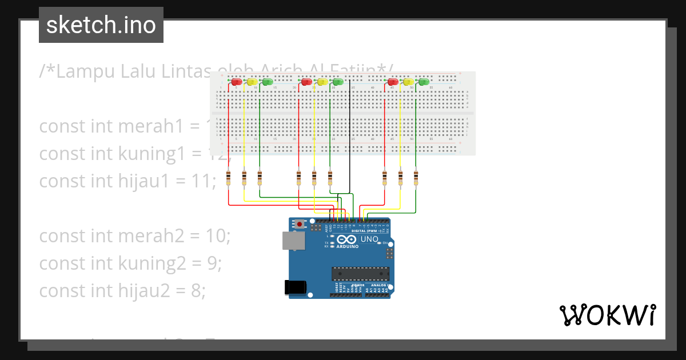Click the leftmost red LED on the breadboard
pyautogui.click(x=236, y=82)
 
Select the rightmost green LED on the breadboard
pyautogui.click(x=424, y=82)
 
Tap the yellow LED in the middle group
pyautogui.click(x=322, y=82)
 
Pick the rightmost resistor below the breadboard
pyautogui.click(x=416, y=178)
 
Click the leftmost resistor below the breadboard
pyautogui.click(x=229, y=178)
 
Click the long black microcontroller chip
pyautogui.click(x=361, y=274)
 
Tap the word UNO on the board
pyautogui.click(x=369, y=239)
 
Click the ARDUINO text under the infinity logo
pyautogui.click(x=348, y=247)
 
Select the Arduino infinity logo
pyautogui.click(x=346, y=239)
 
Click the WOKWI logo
pyautogui.click(x=608, y=315)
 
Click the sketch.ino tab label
pyautogui.click(x=101, y=25)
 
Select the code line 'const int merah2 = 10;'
pyautogui.click(x=134, y=235)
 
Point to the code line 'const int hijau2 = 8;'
pyautogui.click(x=122, y=290)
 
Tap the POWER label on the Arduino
pyautogui.click(x=358, y=285)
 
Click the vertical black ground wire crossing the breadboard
pyautogui.click(x=350, y=131)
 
